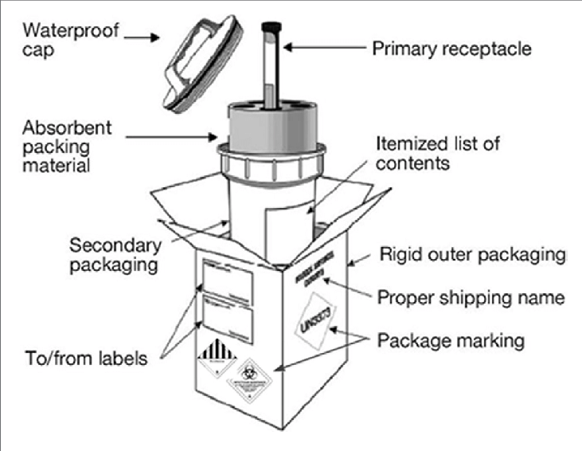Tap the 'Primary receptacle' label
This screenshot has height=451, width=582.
pyautogui.click(x=452, y=49)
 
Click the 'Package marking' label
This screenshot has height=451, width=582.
pyautogui.click(x=451, y=341)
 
